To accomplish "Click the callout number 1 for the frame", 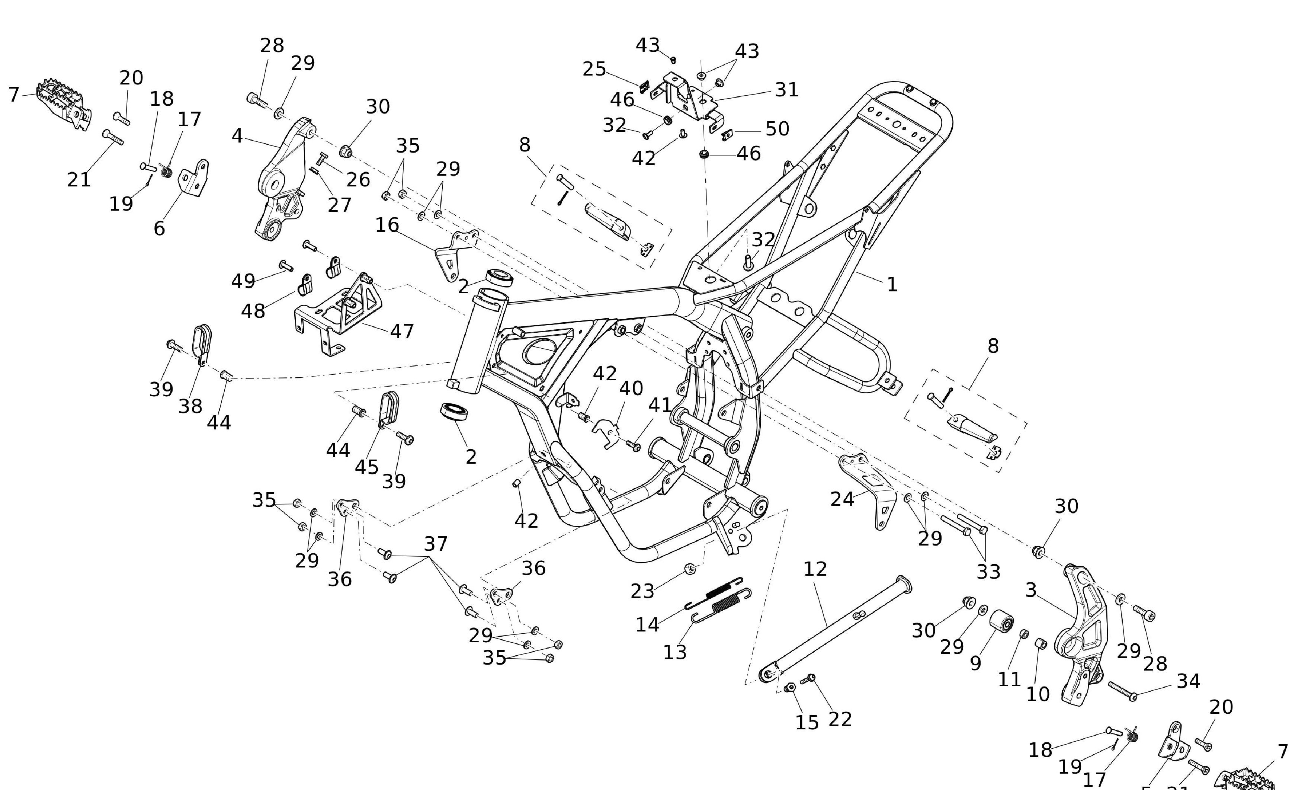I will pyautogui.click(x=892, y=285).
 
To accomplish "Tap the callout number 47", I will pyautogui.click(x=401, y=332).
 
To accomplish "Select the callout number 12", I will pyautogui.click(x=815, y=569).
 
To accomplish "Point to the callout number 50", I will pyautogui.click(x=777, y=129).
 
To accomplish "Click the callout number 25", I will pyautogui.click(x=594, y=69).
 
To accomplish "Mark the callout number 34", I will pyautogui.click(x=1188, y=681).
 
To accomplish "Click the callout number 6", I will pyautogui.click(x=159, y=228).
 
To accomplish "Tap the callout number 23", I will pyautogui.click(x=642, y=591).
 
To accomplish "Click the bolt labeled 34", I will pyautogui.click(x=1123, y=691).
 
